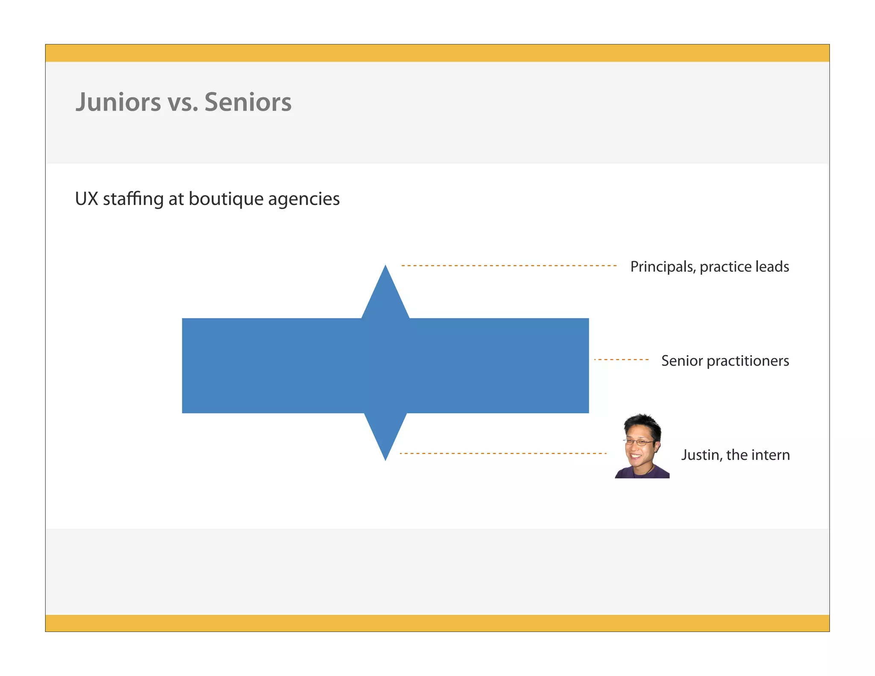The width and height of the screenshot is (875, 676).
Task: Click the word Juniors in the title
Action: [x=118, y=102]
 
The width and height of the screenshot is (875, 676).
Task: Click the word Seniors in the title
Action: [x=248, y=102]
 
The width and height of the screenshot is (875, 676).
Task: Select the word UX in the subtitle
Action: [x=86, y=199]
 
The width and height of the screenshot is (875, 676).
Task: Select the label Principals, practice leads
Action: [x=709, y=267]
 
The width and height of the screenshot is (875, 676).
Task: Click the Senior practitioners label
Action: [x=725, y=361]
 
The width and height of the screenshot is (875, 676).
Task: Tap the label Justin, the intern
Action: [x=735, y=455]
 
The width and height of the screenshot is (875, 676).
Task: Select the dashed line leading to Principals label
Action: [x=508, y=266]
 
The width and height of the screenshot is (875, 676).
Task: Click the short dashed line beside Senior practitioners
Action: [x=621, y=360]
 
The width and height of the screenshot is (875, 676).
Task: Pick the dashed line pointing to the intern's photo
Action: [x=503, y=453]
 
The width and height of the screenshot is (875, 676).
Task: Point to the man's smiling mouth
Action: [x=636, y=456]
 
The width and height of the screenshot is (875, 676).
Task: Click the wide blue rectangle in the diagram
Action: [x=273, y=366]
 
